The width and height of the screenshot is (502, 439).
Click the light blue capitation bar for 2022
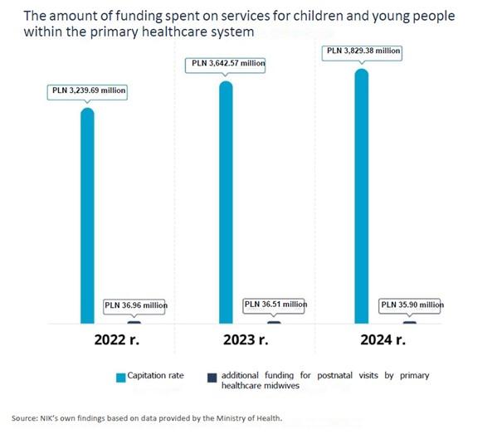click(87, 216)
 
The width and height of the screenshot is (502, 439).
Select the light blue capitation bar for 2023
click(226, 202)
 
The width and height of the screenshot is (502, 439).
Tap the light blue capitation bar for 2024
click(362, 196)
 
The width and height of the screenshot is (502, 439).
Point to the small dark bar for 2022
click(134, 323)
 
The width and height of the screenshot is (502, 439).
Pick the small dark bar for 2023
click(274, 323)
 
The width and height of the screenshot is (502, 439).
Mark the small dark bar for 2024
click(410, 323)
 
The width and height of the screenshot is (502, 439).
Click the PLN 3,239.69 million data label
click(89, 90)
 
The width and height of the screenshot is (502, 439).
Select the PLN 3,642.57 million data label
click(228, 63)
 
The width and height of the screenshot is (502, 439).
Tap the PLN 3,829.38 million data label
click(363, 51)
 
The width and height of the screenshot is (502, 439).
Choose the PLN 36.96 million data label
click(136, 305)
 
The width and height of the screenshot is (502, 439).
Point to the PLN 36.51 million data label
click(275, 305)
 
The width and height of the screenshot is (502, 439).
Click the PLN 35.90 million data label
click(412, 305)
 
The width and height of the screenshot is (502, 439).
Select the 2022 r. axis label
click(117, 339)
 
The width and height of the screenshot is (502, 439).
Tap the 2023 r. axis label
click(246, 339)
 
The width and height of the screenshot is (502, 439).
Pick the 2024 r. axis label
click(383, 339)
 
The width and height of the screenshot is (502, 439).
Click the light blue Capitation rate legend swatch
click(120, 378)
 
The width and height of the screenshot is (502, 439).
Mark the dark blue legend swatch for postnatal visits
click(212, 378)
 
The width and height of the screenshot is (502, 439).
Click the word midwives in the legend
click(280, 386)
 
